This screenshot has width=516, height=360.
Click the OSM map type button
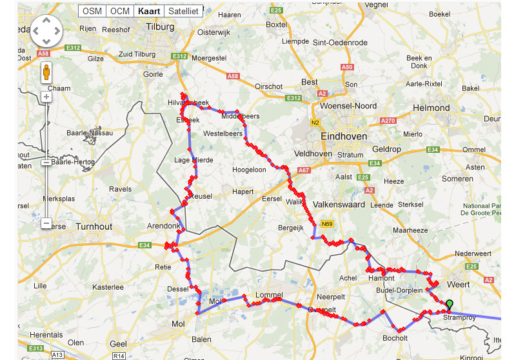coord(92,11)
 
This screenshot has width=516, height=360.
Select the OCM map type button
coord(119,11)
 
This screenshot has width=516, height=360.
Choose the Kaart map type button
coord(148,11)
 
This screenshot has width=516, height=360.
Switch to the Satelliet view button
coord(183,11)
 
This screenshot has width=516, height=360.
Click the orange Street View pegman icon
coord(46,71)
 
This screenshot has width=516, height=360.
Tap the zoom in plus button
coord(46,97)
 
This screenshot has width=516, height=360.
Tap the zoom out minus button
coord(46,223)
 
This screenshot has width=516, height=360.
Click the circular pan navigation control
coord(46,30)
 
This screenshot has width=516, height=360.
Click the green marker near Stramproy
coord(450,305)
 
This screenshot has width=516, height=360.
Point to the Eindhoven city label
coord(344,137)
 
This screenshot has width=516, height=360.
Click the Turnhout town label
coord(94,226)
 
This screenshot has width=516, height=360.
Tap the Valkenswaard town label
coord(339,205)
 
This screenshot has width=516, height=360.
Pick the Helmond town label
coord(431,108)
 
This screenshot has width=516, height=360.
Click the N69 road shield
coord(326,224)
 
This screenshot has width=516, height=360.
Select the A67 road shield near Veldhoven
coord(304,170)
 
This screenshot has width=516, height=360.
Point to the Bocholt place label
coord(395,338)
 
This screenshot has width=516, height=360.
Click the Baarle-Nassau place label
coord(90,133)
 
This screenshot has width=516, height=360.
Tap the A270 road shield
coord(388,121)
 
